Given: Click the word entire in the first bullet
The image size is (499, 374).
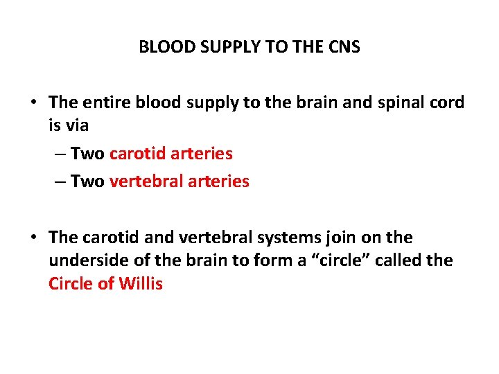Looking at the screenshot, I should pyautogui.click(x=106, y=103).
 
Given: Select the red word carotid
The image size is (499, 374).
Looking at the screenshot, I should pyautogui.click(x=135, y=153).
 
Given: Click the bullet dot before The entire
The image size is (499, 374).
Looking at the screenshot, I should pyautogui.click(x=33, y=103).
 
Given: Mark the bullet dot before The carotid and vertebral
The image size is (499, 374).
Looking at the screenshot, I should pyautogui.click(x=33, y=238).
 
